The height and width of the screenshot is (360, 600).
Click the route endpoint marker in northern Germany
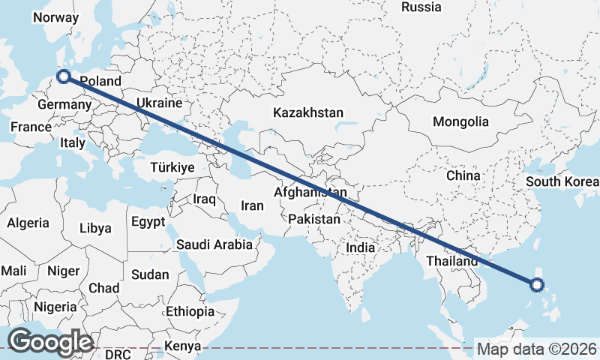64,76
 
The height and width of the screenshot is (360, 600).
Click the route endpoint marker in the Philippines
536,284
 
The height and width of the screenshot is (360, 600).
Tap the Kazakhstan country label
308,113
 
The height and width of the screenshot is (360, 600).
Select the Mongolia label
460,121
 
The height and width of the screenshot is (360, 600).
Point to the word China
463,175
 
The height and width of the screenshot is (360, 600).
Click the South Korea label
562,181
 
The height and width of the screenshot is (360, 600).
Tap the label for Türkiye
172,167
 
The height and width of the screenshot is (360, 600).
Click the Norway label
56,17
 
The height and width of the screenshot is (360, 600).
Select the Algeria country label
28,223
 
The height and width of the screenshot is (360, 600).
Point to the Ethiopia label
190,311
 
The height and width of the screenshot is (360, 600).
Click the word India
360,248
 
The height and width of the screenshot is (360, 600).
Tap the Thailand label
451,262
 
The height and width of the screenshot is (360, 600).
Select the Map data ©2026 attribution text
536,349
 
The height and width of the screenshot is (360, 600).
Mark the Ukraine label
159,103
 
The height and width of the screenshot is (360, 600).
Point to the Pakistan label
315,220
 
